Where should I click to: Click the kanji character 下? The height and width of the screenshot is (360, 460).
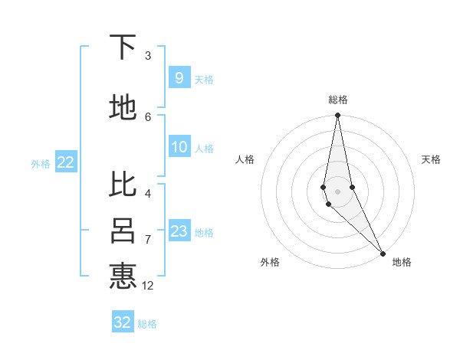(x=123, y=48)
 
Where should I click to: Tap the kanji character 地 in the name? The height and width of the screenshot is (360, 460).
(x=123, y=108)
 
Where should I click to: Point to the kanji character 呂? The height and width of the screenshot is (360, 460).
(x=123, y=231)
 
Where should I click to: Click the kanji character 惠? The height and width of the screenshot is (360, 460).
(x=123, y=276)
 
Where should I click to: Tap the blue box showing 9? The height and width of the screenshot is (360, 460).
(x=179, y=78)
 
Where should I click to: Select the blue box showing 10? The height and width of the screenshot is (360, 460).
(x=179, y=148)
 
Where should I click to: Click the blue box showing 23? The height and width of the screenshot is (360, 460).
(x=179, y=231)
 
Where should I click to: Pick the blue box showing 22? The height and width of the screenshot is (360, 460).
(x=65, y=162)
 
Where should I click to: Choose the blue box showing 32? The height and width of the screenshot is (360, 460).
(x=123, y=322)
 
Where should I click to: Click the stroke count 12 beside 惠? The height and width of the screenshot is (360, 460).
(x=148, y=286)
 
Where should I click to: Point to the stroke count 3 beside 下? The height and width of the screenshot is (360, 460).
(x=148, y=56)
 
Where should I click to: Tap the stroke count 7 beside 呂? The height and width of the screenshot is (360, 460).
(x=148, y=240)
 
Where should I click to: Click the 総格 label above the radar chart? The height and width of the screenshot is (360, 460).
(x=338, y=100)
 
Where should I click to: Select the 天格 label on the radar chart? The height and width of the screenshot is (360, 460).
(x=431, y=159)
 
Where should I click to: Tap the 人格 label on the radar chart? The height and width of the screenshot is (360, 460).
(x=245, y=159)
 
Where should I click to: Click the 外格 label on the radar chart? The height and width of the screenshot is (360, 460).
(x=270, y=262)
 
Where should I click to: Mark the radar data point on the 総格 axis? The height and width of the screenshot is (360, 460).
(x=337, y=116)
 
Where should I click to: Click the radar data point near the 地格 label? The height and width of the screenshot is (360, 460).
(x=383, y=253)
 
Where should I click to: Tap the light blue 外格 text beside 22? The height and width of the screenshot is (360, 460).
(x=40, y=163)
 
